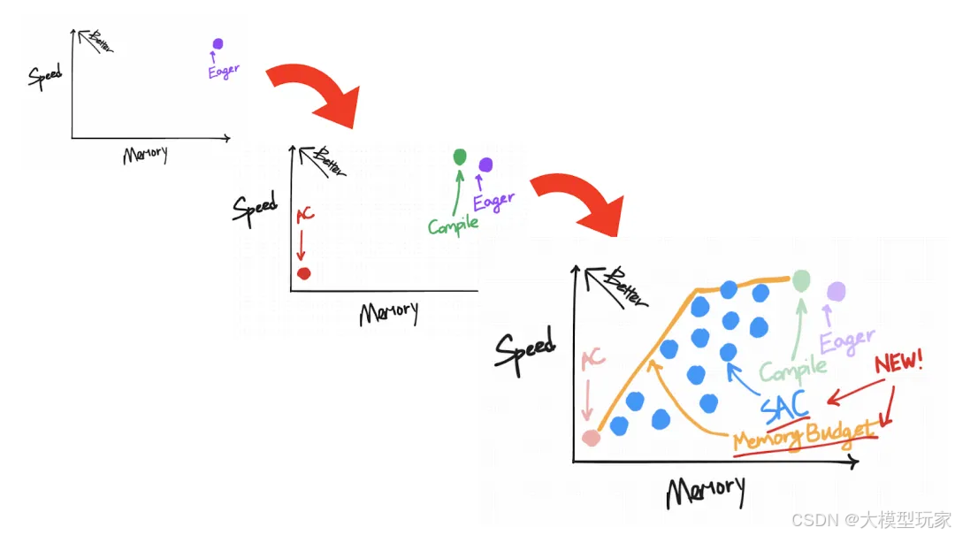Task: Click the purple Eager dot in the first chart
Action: coord(218,44)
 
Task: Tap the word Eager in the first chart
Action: coord(224,71)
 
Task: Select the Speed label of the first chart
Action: coord(45,77)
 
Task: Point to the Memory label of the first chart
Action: coord(145,154)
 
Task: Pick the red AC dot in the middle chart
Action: coord(304,272)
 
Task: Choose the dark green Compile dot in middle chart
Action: coord(459,157)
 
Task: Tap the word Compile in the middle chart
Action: coord(453,225)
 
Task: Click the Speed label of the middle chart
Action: coord(255,207)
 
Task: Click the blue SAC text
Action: coord(783,404)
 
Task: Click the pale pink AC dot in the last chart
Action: coord(590,436)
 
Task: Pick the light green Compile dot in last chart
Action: coord(801,280)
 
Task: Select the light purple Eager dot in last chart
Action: coord(836,291)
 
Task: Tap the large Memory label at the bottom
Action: coord(705,491)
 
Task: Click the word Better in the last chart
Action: coord(624,286)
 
